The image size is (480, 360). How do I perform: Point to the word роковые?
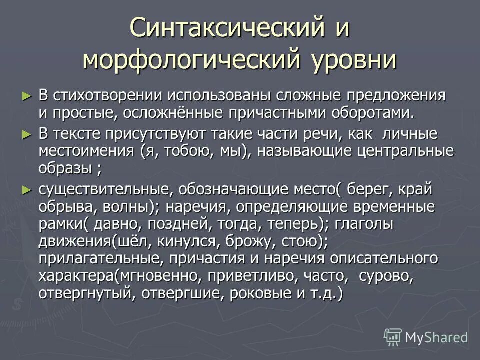tap(265, 293)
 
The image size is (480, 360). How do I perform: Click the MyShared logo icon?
tap(393, 337)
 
